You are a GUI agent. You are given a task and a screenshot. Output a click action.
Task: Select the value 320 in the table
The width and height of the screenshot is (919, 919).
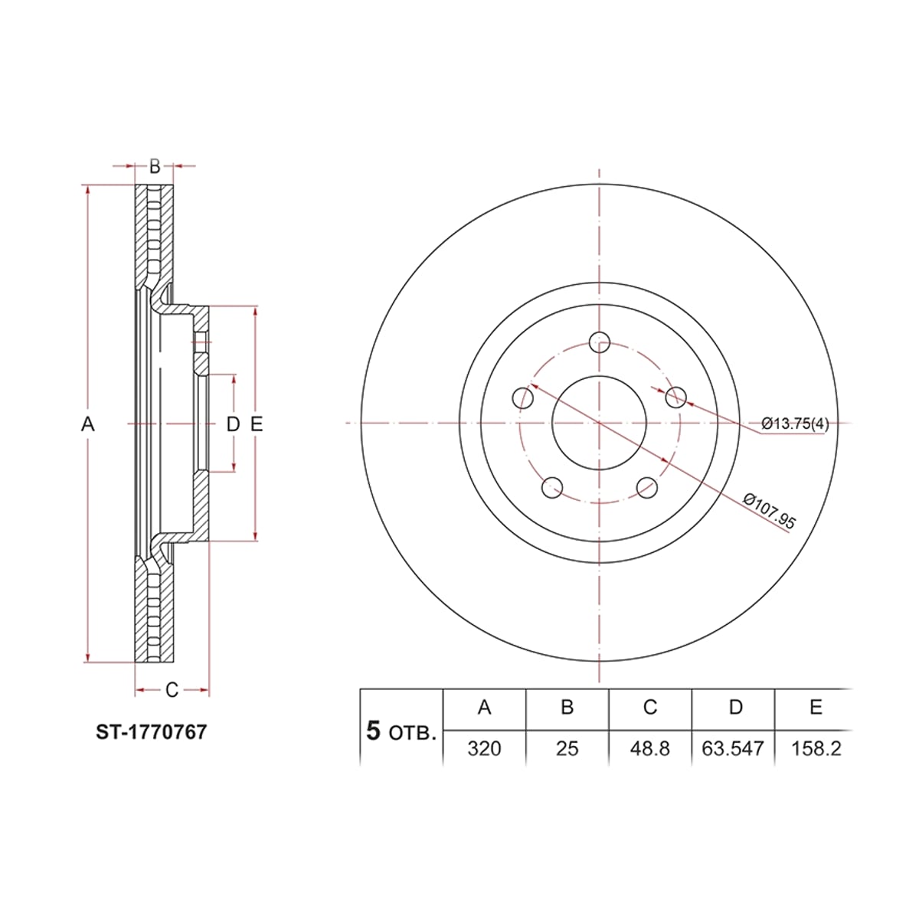(x=484, y=749)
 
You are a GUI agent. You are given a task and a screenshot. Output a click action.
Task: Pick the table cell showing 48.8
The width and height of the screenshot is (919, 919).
(x=649, y=749)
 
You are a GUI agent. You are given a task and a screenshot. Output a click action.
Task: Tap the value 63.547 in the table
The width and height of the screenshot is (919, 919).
(x=733, y=749)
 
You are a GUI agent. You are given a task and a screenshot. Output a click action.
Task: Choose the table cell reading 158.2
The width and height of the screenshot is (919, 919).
(x=816, y=749)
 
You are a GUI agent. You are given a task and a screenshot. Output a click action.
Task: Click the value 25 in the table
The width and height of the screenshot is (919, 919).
(x=567, y=749)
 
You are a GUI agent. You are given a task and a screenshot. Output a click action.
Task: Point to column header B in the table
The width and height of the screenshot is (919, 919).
(x=567, y=707)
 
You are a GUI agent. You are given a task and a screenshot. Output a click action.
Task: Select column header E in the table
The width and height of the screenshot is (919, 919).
(x=816, y=707)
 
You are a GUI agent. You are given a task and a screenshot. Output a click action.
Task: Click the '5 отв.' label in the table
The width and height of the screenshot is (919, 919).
(x=401, y=731)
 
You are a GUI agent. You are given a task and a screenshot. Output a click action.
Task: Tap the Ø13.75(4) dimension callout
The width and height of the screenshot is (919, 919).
(x=795, y=424)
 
